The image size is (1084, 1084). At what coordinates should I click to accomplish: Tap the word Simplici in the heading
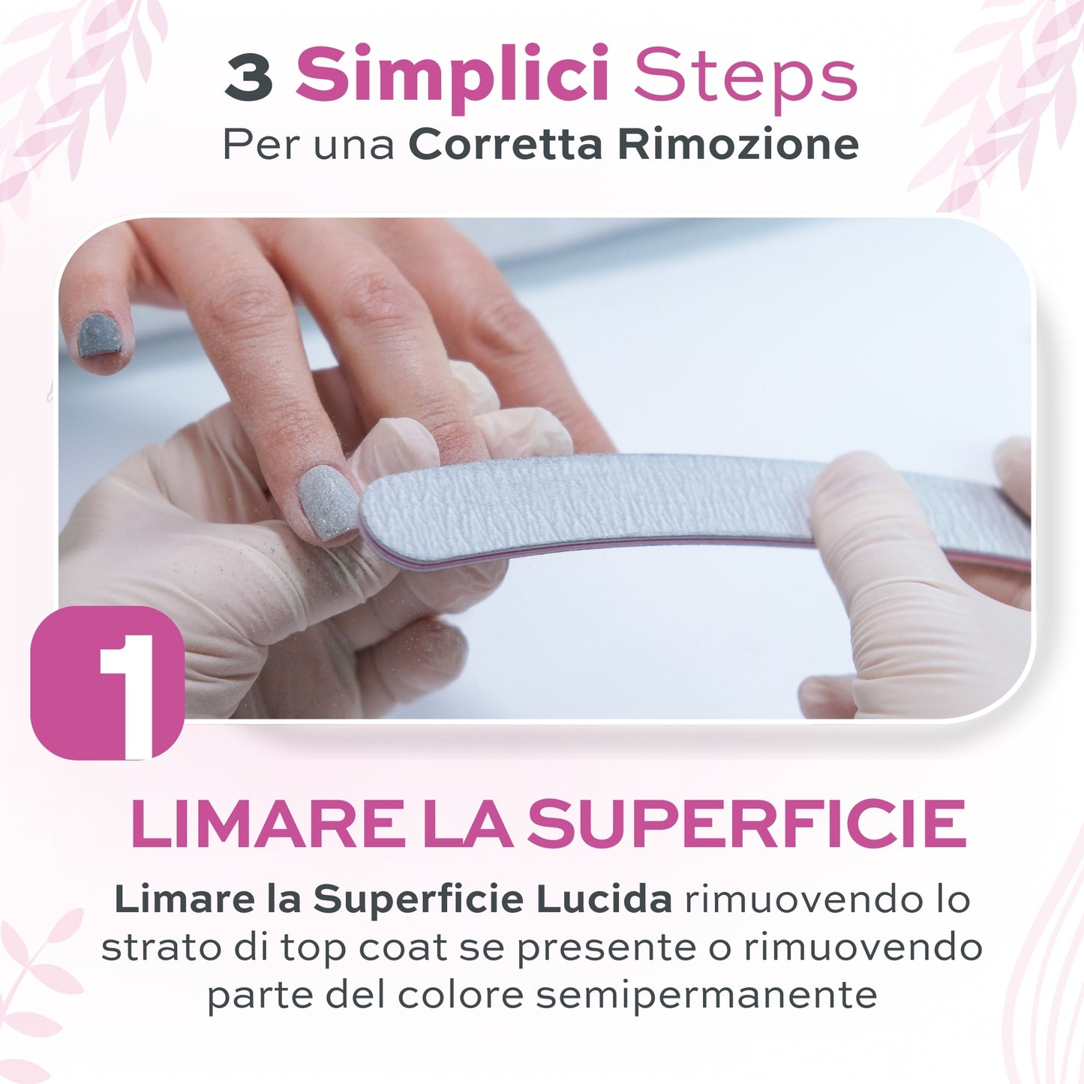pos(452,77)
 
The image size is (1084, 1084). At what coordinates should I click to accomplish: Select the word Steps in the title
pos(746,77)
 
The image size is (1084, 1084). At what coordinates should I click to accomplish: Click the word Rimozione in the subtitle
pos(738,144)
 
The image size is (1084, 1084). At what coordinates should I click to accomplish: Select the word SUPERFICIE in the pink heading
pos(746,824)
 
